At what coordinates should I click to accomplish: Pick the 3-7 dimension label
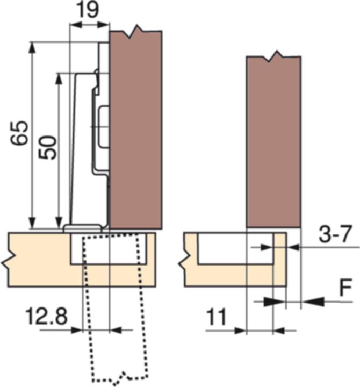point(334,235)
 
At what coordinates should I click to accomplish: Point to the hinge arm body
point(83,150)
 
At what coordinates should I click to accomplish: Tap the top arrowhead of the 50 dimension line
point(58,78)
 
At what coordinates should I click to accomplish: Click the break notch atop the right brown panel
point(276,55)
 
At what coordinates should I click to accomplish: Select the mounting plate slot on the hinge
point(104,126)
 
